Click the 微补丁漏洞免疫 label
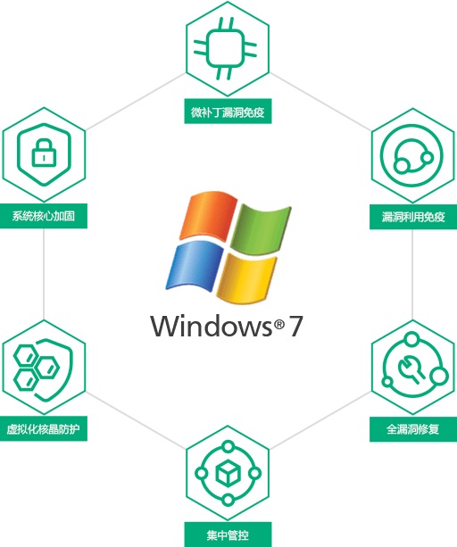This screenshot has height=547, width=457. click(x=228, y=112)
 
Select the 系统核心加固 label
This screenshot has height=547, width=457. click(x=44, y=216)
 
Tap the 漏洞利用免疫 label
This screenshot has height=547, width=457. click(x=413, y=217)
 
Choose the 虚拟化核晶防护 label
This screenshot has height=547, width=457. click(x=43, y=428)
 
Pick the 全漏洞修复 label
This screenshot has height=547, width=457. click(x=413, y=429)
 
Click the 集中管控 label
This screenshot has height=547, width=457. click(x=228, y=535)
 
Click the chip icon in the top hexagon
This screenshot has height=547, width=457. click(x=225, y=49)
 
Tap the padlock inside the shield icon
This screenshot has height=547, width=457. click(x=44, y=153)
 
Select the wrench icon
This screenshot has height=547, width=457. click(x=411, y=369)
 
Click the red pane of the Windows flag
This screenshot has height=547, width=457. click(x=208, y=215)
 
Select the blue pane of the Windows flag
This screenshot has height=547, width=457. click(x=195, y=266)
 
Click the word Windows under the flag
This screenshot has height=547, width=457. click(x=211, y=326)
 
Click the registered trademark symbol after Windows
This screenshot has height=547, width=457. click(x=279, y=325)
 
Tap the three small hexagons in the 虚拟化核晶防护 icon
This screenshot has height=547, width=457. click(x=36, y=368)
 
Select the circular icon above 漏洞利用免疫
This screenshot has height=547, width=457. click(x=411, y=155)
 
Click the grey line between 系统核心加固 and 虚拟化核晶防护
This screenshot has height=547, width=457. click(x=44, y=274)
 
